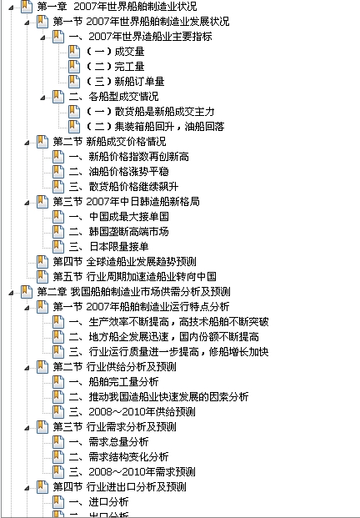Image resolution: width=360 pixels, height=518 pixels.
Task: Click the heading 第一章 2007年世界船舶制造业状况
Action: pos(117,7)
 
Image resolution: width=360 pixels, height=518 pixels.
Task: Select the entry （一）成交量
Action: pos(115,52)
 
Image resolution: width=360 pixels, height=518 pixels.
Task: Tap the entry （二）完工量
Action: pos(115,67)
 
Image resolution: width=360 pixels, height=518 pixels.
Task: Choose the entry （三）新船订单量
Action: pos(125,81)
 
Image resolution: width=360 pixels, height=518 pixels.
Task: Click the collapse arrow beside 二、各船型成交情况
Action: pos(42,98)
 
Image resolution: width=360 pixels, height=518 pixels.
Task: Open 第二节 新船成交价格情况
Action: pos(109,142)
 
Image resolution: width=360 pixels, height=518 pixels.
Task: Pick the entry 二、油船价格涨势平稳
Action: pos(119,172)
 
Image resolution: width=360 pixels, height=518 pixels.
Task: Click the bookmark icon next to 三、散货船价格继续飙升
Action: pos(58,186)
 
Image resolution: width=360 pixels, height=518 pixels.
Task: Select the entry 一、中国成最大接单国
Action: pos(119,217)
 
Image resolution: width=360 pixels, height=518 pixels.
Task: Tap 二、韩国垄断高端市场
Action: pos(119,232)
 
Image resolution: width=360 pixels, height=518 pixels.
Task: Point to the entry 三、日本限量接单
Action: pos(108,246)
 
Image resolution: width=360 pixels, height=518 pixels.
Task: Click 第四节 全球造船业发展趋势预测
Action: pos(125,262)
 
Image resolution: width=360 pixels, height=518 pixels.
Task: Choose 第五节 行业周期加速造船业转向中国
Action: pos(135,276)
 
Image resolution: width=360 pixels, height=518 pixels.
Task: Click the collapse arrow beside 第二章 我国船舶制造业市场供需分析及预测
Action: pos(11,293)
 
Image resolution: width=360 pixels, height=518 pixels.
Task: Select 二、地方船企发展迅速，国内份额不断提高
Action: pos(163,337)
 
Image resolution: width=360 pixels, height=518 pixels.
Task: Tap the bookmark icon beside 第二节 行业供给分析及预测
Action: pos(42,366)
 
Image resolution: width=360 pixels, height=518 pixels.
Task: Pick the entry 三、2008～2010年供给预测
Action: pos(132,411)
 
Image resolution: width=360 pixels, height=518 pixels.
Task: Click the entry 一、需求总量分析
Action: pos(108,442)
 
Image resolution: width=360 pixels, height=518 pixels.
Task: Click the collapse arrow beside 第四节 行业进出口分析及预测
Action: pos(27,488)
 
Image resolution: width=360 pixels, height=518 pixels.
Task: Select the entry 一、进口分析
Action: pos(98,502)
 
